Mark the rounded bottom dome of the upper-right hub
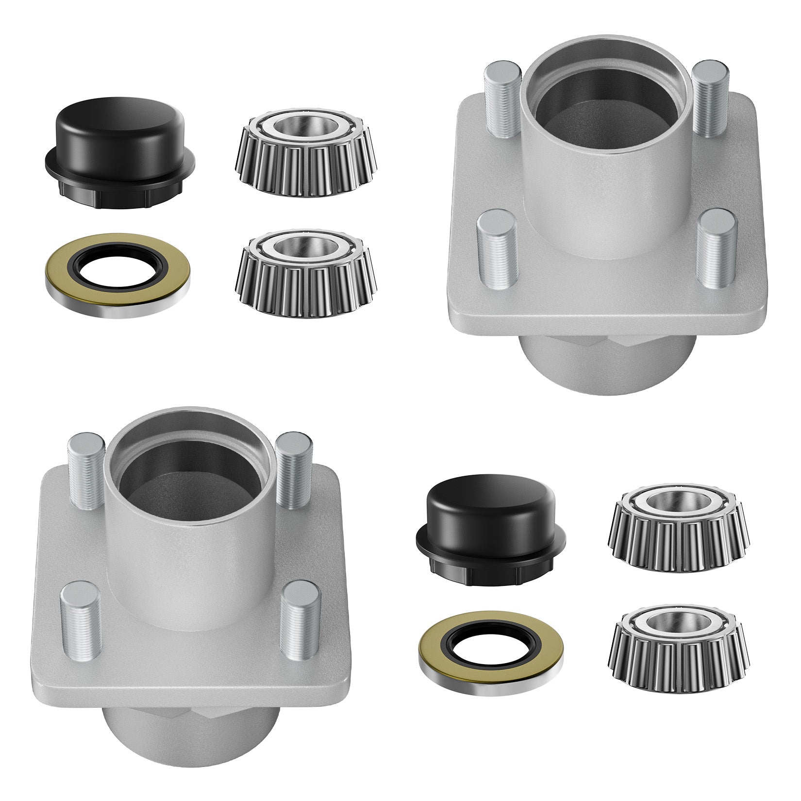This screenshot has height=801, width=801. click(x=607, y=369)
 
